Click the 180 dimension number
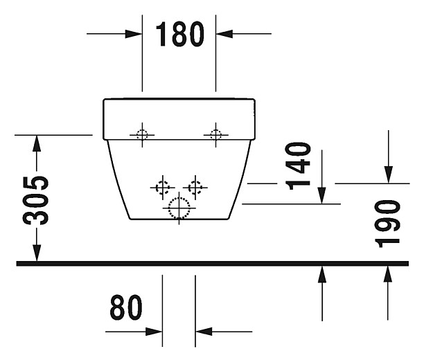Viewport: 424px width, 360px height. coord(179,34)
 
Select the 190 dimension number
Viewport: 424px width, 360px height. coord(389,223)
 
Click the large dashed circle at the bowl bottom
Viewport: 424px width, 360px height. coord(179,208)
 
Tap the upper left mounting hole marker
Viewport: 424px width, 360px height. coord(142,134)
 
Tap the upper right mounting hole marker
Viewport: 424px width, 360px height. coord(215,134)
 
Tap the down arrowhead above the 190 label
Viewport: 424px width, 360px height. coord(389,176)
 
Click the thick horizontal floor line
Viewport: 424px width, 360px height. coord(208,263)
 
